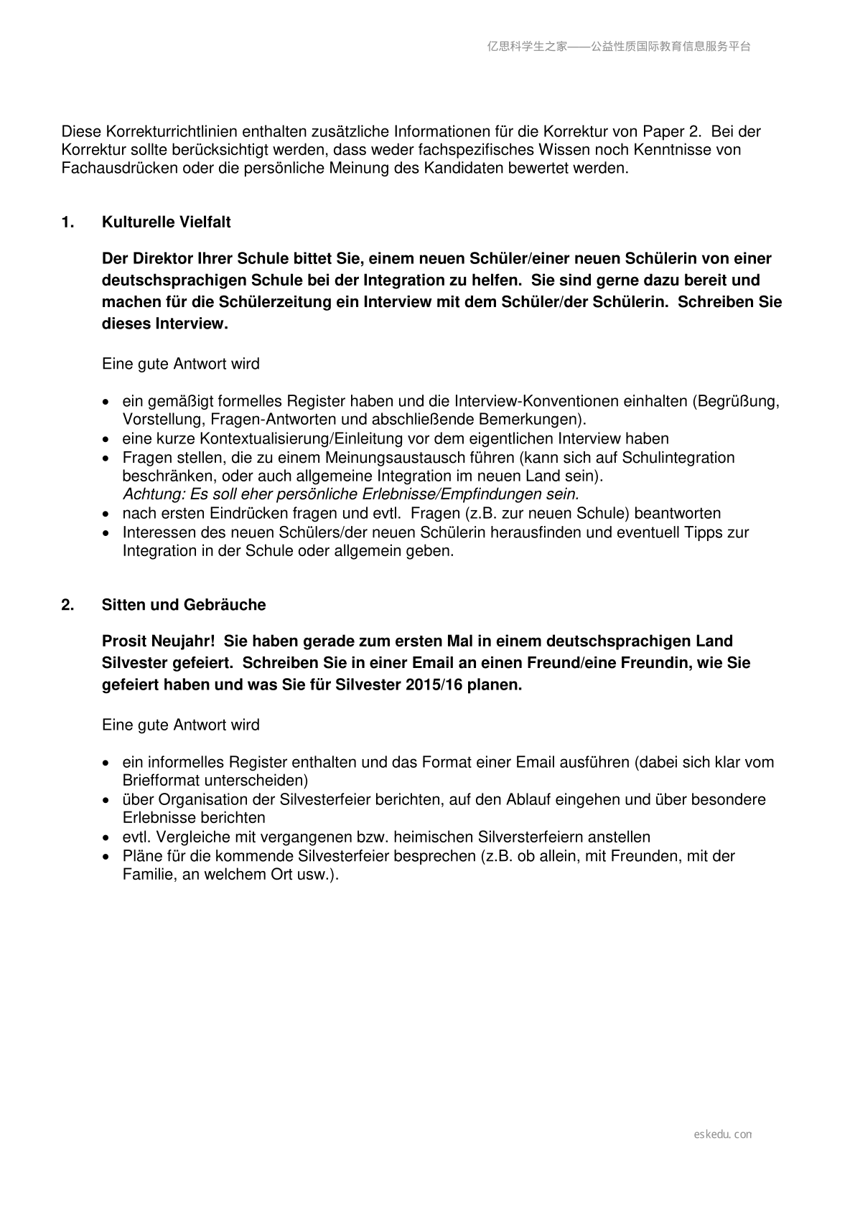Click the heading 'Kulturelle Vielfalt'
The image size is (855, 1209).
click(x=166, y=222)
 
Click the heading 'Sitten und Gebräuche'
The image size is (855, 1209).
click(x=183, y=605)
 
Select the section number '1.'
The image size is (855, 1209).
click(x=67, y=222)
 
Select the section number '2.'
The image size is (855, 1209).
click(x=67, y=605)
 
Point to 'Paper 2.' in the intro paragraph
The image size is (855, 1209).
click(x=671, y=131)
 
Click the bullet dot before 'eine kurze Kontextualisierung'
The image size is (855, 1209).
click(x=106, y=439)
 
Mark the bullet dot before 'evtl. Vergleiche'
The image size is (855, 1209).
click(x=106, y=837)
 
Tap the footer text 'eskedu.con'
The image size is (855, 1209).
click(x=723, y=1134)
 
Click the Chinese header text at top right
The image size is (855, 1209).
click(x=619, y=47)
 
